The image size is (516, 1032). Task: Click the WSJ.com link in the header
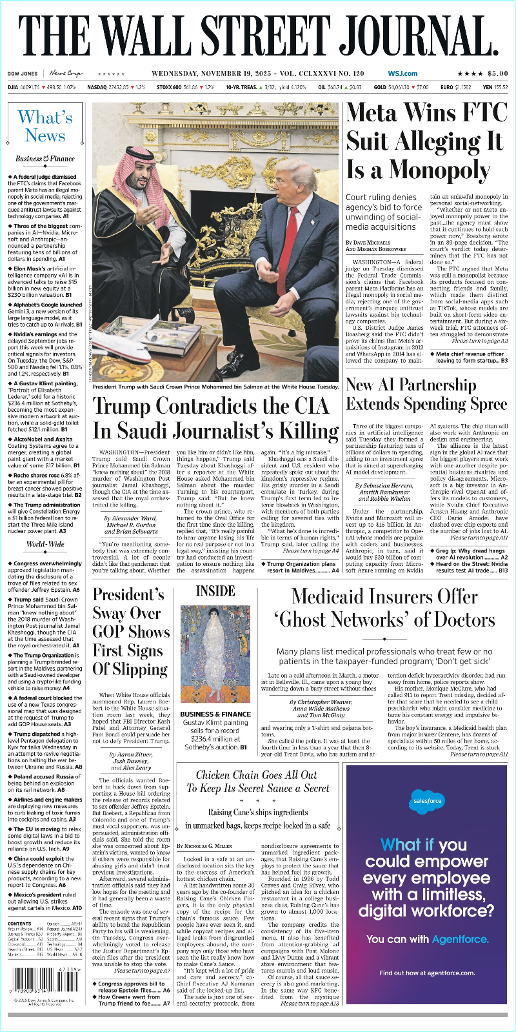402,74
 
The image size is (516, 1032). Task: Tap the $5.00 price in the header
497,74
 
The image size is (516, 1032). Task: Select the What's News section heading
45,126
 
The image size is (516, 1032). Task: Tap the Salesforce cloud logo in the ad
427,802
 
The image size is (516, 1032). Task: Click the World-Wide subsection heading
45,544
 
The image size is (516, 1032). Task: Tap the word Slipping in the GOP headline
131,670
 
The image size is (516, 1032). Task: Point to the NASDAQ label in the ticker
97,87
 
